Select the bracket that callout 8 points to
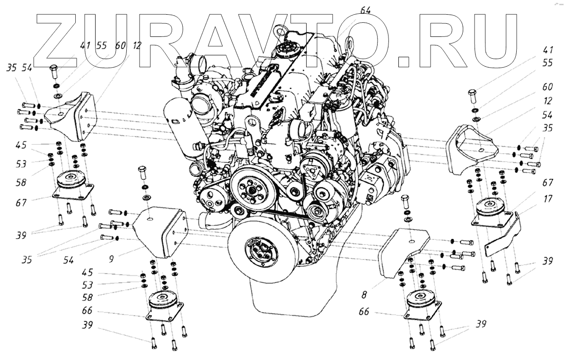pyautogui.click(x=402, y=251)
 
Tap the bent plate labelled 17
pyautogui.click(x=504, y=237)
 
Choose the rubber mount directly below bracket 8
pyautogui.click(x=423, y=303)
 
